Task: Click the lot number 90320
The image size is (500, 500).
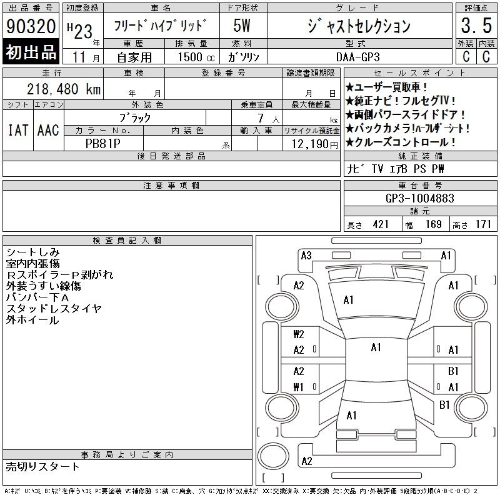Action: pyautogui.click(x=31, y=26)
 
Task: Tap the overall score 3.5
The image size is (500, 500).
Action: pyautogui.click(x=476, y=26)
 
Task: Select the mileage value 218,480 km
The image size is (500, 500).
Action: pyautogui.click(x=64, y=89)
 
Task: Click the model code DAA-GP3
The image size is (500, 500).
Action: pyautogui.click(x=358, y=57)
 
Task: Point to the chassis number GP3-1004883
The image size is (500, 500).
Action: pyautogui.click(x=419, y=198)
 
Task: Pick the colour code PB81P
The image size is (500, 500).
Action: pyautogui.click(x=102, y=144)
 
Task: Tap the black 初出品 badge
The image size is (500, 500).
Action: pyautogui.click(x=31, y=52)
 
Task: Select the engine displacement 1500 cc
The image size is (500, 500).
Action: pyautogui.click(x=196, y=57)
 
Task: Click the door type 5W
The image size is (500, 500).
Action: pyautogui.click(x=242, y=26)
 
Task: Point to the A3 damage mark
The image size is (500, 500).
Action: pyautogui.click(x=306, y=256)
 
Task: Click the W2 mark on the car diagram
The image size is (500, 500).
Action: pyautogui.click(x=299, y=334)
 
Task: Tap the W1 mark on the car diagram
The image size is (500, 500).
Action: pyautogui.click(x=298, y=387)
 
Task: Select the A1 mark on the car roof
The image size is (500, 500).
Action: pyautogui.click(x=376, y=347)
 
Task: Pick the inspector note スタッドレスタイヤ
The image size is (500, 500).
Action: pyautogui.click(x=54, y=308)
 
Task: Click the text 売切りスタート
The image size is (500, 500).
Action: pyautogui.click(x=42, y=466)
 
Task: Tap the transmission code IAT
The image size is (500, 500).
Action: pyautogui.click(x=18, y=130)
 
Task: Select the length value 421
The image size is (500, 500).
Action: pyautogui.click(x=381, y=224)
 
